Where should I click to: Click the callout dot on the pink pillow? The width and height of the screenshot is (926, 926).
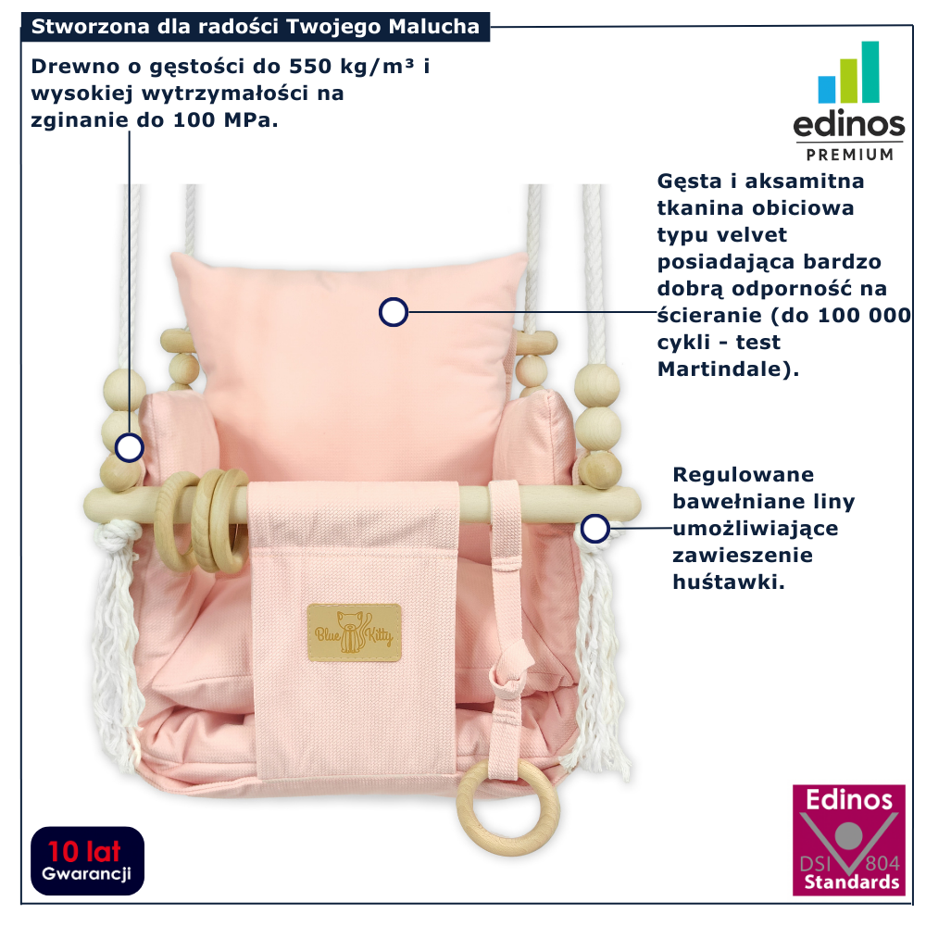(x=394, y=313)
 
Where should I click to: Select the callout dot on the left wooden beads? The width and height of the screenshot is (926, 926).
(x=130, y=448)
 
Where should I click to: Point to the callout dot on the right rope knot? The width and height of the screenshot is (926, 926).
(x=594, y=529)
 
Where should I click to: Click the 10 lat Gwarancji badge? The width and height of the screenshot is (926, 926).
(x=87, y=860)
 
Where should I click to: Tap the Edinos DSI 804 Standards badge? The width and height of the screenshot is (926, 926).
(x=849, y=841)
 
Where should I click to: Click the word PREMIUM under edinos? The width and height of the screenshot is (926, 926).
(x=850, y=154)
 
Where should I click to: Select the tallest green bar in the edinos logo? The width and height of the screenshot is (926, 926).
(x=870, y=71)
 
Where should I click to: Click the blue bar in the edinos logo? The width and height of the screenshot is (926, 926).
(x=826, y=90)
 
